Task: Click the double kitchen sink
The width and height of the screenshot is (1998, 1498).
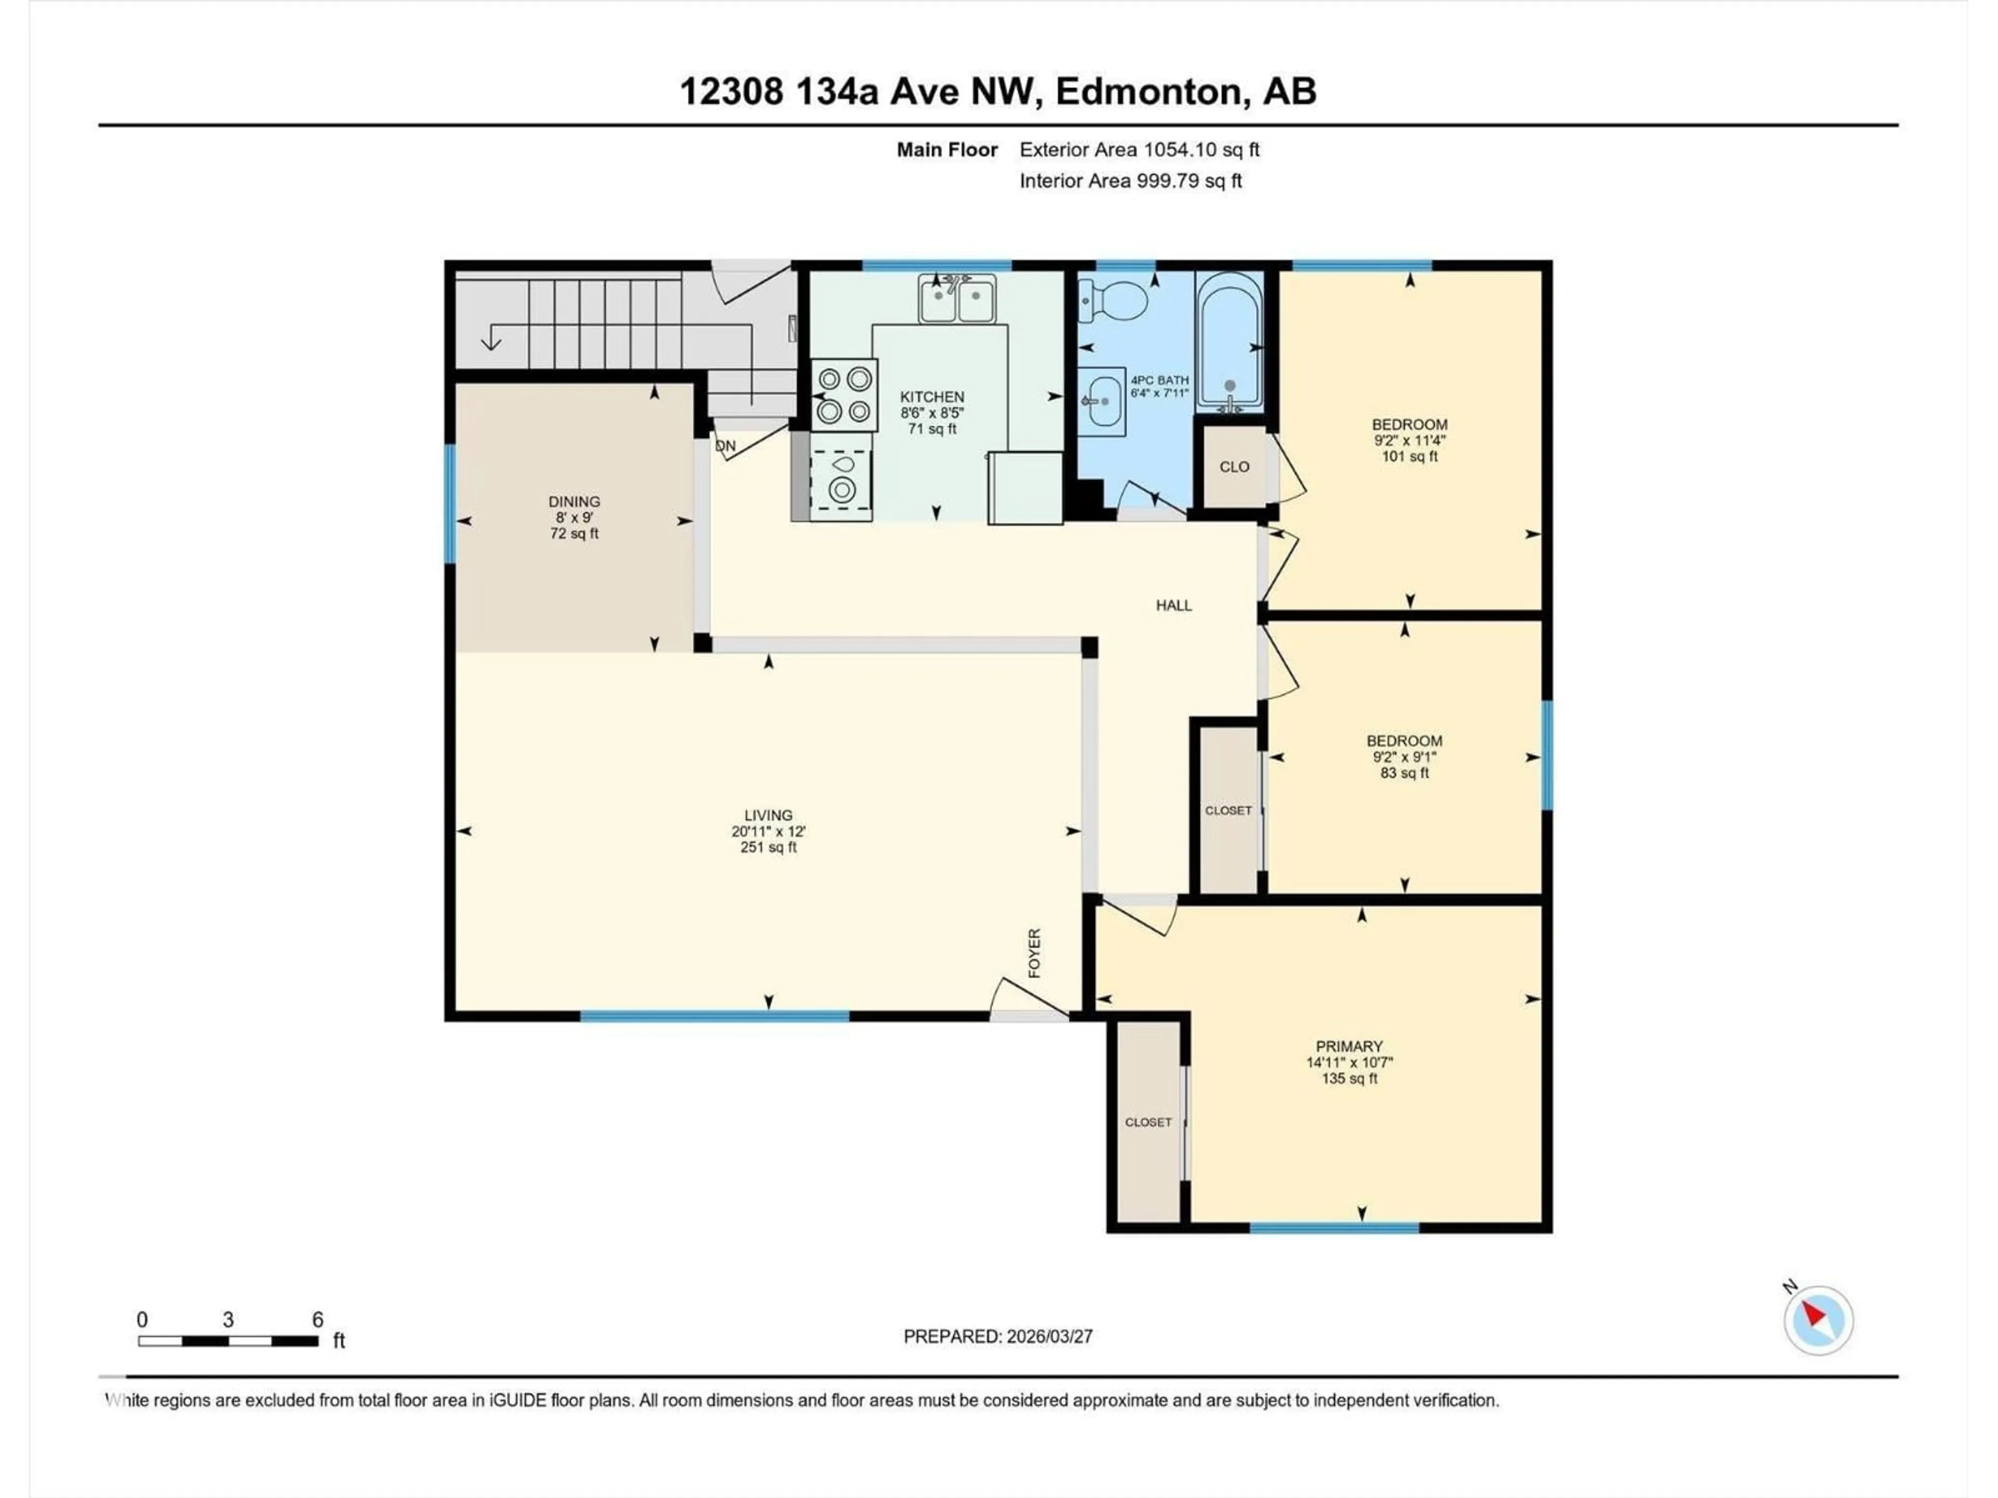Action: pos(957,299)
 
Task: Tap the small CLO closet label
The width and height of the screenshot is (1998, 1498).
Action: pos(1234,467)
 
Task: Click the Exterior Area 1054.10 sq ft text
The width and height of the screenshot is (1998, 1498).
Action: pos(1139,150)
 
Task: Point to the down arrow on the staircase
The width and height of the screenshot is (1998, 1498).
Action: pos(491,340)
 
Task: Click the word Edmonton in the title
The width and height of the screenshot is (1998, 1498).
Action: pos(1148,91)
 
